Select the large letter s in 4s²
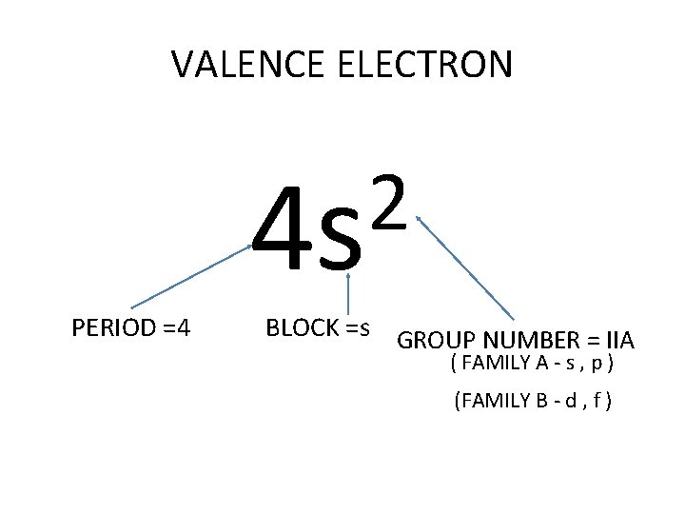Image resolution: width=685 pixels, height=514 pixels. tap(341, 243)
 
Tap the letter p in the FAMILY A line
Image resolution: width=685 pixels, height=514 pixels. tap(601, 366)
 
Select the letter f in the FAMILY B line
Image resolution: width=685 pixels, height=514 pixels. tap(597, 401)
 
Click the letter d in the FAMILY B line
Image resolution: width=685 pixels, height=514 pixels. tap(568, 401)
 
